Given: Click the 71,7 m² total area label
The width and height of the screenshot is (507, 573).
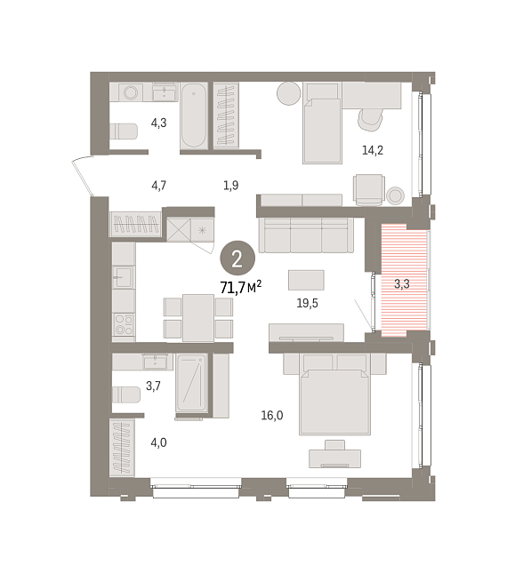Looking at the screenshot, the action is click(241, 287).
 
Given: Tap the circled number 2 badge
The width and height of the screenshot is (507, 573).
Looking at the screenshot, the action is click(237, 259).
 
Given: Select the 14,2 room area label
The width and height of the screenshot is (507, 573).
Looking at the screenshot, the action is click(373, 150).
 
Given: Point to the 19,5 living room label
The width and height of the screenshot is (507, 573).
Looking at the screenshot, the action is click(307, 303).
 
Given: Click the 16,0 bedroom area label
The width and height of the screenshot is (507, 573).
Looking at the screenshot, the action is click(272, 416).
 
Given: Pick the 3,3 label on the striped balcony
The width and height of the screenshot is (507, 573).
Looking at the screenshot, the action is click(402, 284).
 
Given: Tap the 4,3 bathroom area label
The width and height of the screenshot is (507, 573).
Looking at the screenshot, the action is click(158, 123).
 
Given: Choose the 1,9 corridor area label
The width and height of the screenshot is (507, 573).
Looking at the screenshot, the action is click(231, 186).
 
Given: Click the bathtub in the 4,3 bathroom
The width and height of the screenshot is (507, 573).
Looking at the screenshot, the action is click(194, 115).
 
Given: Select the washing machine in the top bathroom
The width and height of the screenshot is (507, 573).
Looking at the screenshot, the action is click(131, 92).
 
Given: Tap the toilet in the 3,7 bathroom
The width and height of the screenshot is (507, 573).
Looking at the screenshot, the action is click(125, 394).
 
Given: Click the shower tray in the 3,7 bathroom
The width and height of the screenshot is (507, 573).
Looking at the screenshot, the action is click(191, 383).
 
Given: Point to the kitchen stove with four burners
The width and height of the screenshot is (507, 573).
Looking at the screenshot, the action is click(124, 324).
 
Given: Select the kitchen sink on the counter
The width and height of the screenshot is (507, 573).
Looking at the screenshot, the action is click(124, 277).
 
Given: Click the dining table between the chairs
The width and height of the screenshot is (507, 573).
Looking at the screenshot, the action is click(198, 318).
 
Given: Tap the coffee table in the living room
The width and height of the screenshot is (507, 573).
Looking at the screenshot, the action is click(306, 281).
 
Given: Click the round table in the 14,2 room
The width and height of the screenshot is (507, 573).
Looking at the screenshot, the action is click(288, 93).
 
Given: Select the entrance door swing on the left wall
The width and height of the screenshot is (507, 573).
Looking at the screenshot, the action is click(83, 177).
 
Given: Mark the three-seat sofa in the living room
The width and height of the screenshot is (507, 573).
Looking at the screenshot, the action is click(306, 235).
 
